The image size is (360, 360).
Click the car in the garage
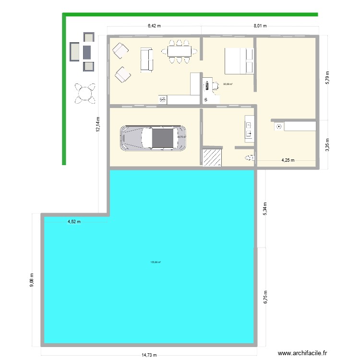[x=154, y=138]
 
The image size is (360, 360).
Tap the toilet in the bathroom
[x=249, y=157]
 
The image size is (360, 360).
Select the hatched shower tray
[x=211, y=157]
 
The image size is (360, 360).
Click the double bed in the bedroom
[x=238, y=61]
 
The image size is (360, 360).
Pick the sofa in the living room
[x=146, y=60]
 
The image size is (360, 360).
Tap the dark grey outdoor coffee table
[x=86, y=51]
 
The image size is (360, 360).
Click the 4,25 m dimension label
[x=288, y=160]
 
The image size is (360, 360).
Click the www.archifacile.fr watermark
[x=303, y=353]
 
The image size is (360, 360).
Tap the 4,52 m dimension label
[x=73, y=222]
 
